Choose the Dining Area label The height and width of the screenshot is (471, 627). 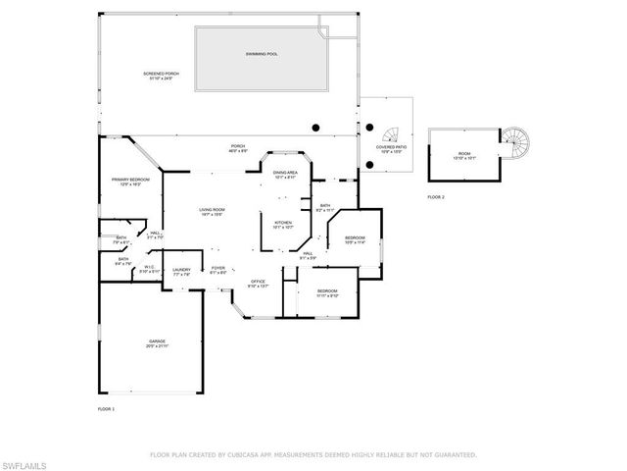[x=285, y=173]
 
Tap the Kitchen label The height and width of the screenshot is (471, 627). [x=283, y=223]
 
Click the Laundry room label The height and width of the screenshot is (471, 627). [x=181, y=270]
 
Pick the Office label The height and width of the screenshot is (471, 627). [x=257, y=283]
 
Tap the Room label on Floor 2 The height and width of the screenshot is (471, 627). [x=464, y=153]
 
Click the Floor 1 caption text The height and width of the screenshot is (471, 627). [x=106, y=407]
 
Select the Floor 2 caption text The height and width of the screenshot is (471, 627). [x=435, y=197]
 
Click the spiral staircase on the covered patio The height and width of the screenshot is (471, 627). [x=392, y=134]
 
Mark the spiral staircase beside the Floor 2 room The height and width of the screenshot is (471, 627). [x=517, y=144]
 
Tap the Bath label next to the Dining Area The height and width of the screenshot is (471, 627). [x=325, y=206]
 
